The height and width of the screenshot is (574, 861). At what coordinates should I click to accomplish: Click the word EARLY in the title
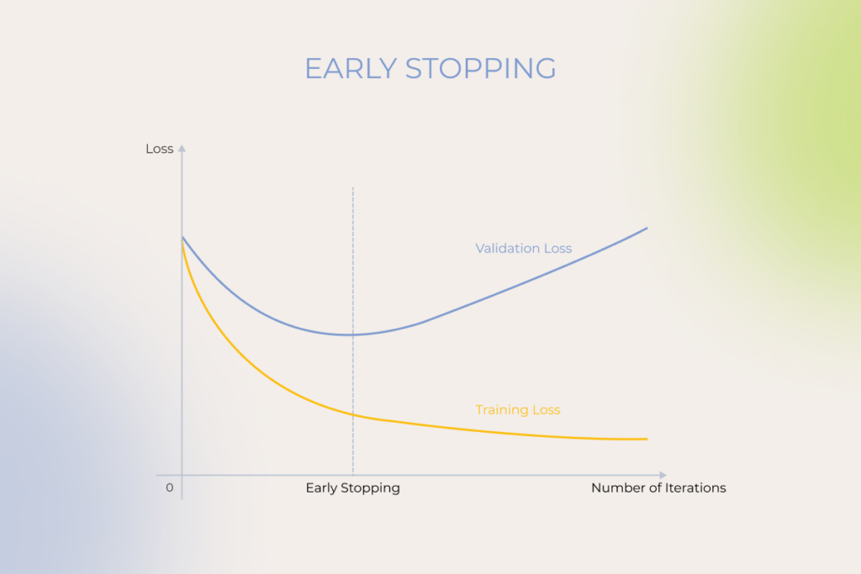(x=351, y=69)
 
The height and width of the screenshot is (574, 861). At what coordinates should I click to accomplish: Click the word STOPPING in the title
(x=480, y=69)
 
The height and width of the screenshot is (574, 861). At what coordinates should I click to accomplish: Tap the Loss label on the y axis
(x=159, y=149)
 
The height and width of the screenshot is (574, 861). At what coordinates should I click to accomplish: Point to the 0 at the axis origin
(x=170, y=487)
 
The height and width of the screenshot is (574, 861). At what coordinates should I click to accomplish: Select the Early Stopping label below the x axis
(x=352, y=487)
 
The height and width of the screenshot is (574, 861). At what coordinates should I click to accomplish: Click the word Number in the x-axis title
(x=613, y=487)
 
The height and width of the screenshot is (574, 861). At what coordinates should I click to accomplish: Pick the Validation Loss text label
(x=523, y=249)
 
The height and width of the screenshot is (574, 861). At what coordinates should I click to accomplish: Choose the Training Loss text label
(x=518, y=410)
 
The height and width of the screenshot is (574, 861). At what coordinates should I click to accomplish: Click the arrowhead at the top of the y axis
(x=182, y=148)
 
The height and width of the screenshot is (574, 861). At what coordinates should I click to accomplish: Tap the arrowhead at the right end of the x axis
(x=663, y=475)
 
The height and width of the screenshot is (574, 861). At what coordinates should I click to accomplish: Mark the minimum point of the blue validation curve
(x=351, y=334)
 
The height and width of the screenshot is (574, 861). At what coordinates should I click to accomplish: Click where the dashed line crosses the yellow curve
(x=353, y=414)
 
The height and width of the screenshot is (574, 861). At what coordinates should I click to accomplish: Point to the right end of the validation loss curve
(x=647, y=229)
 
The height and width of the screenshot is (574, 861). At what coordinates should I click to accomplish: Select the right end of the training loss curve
(x=647, y=439)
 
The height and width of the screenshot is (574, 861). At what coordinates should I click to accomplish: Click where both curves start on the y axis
(x=182, y=238)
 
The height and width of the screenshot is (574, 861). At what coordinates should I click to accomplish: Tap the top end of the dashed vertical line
(x=353, y=187)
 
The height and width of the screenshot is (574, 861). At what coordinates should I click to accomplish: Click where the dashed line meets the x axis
(x=353, y=475)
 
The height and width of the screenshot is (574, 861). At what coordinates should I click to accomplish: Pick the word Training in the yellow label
(x=499, y=410)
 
